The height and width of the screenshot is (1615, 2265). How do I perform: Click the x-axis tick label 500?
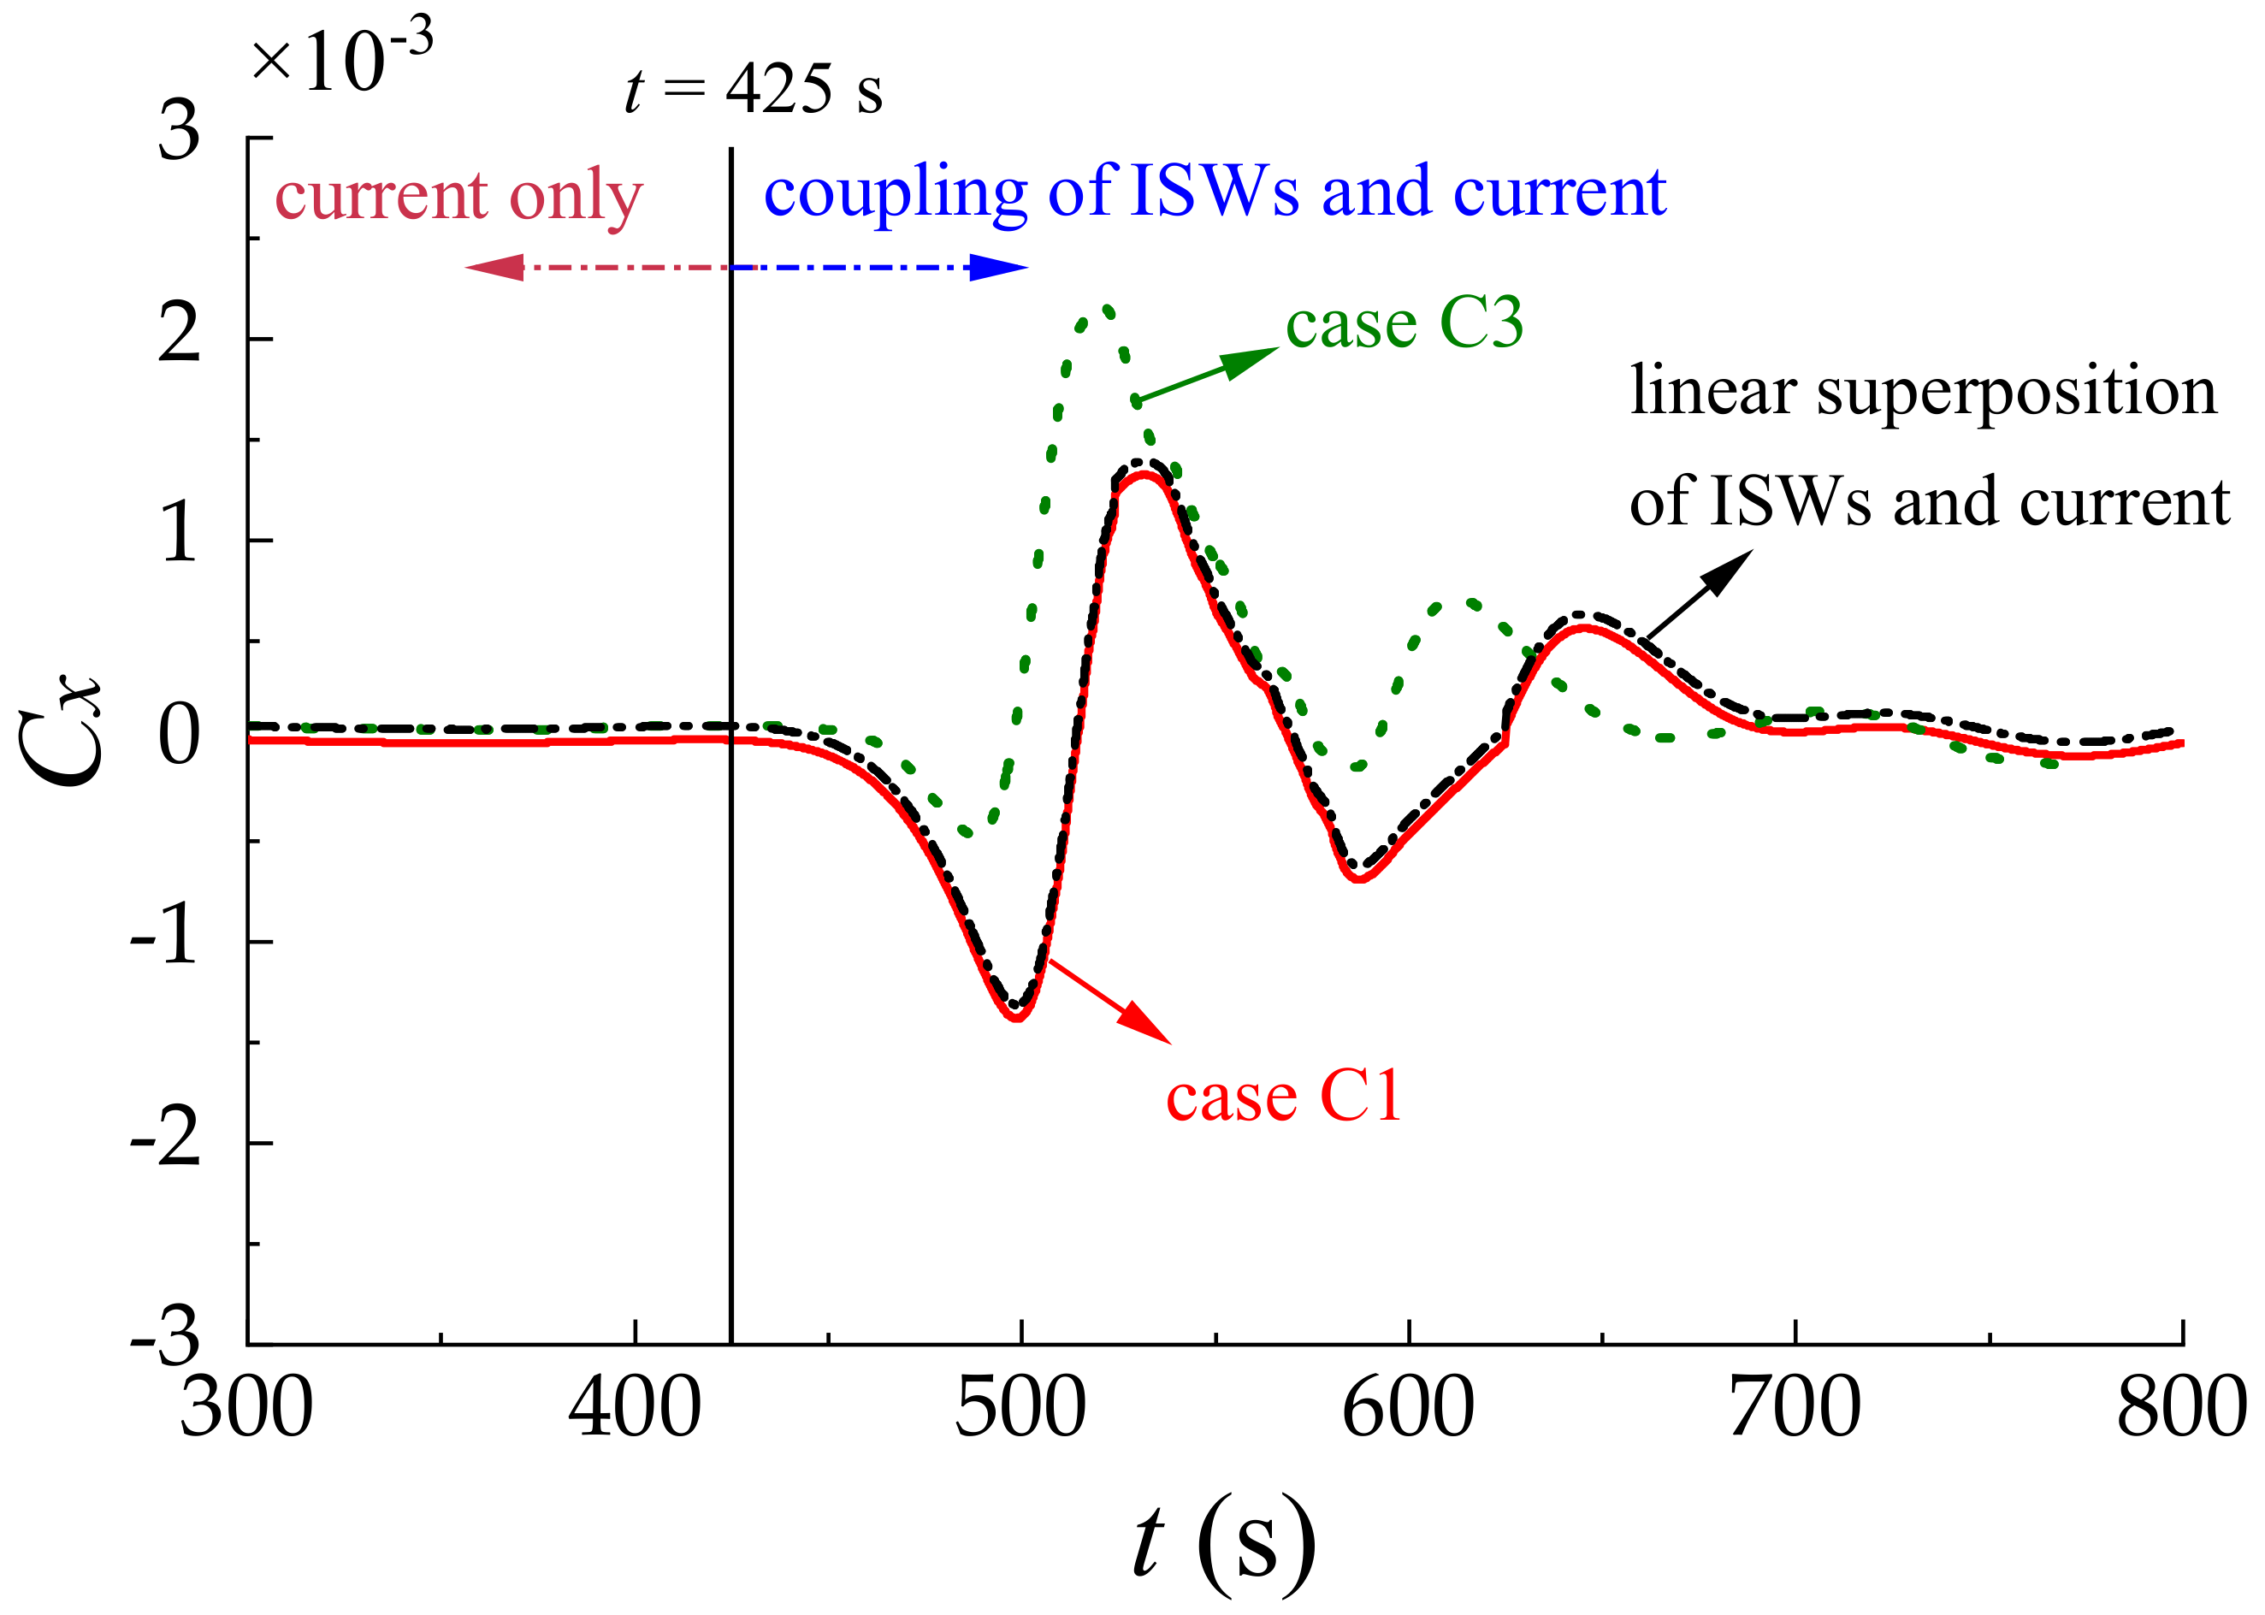pyautogui.click(x=1020, y=1411)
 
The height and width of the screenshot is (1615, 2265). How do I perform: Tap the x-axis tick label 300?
pyautogui.click(x=246, y=1411)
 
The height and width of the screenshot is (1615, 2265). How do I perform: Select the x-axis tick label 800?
pyautogui.click(x=2181, y=1411)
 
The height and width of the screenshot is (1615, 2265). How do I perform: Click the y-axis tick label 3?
pyautogui.click(x=179, y=133)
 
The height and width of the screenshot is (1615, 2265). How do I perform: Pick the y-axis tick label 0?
pyautogui.click(x=179, y=738)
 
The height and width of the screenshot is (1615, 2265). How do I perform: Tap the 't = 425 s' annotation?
pyautogui.click(x=754, y=90)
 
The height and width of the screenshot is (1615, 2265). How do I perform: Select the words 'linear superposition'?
pyautogui.click(x=1923, y=391)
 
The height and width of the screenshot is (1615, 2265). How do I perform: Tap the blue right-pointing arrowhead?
pyautogui.click(x=999, y=268)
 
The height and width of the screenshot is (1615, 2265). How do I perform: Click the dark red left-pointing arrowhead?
pyautogui.click(x=495, y=268)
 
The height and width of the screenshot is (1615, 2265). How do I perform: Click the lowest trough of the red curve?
pyautogui.click(x=1017, y=1018)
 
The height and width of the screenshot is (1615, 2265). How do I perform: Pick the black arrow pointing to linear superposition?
pyautogui.click(x=1698, y=595)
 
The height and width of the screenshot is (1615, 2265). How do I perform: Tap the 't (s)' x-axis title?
pyautogui.click(x=1224, y=1543)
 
